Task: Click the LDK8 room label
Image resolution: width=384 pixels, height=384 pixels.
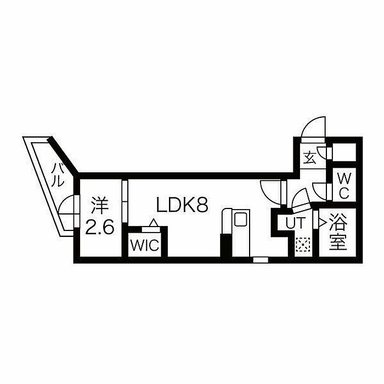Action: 182,205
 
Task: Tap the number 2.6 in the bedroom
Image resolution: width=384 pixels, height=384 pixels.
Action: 100,227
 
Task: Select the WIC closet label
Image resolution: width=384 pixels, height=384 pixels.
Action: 145,245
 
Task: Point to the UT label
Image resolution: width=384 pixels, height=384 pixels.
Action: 296,223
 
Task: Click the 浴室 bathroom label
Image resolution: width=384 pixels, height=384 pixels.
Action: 338,231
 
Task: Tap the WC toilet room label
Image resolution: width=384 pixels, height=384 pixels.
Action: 344,185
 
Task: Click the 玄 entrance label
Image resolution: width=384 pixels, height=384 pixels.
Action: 309,158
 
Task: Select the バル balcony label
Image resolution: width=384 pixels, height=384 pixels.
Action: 58,176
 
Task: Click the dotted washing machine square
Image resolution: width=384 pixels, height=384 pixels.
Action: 303,245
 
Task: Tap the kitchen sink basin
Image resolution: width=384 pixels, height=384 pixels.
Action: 241,219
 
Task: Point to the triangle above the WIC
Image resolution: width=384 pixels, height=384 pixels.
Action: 154,222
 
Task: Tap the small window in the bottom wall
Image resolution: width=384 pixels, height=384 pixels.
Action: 261,259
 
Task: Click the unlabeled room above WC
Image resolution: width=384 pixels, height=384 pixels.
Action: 344,153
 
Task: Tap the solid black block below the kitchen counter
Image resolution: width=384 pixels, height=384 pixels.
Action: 226,245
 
